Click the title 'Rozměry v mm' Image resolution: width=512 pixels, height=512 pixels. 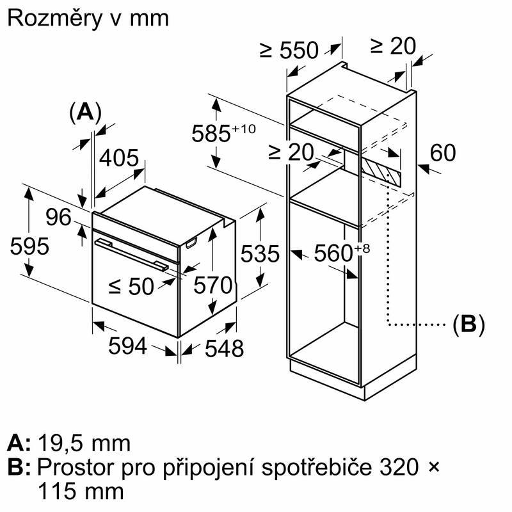coord(88,18)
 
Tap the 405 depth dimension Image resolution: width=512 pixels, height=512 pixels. coord(118,158)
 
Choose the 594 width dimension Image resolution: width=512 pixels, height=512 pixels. coord(127,346)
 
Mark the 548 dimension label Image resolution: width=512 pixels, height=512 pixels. coord(224,348)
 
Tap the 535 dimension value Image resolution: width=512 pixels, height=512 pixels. coord(260,254)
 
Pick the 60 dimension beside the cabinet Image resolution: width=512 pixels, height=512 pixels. coord(442,153)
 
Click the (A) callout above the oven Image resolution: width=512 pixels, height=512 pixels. coord(85,112)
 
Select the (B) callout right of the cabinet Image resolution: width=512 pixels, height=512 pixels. coord(468,324)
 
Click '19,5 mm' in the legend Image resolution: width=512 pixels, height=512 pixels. coord(84,443)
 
